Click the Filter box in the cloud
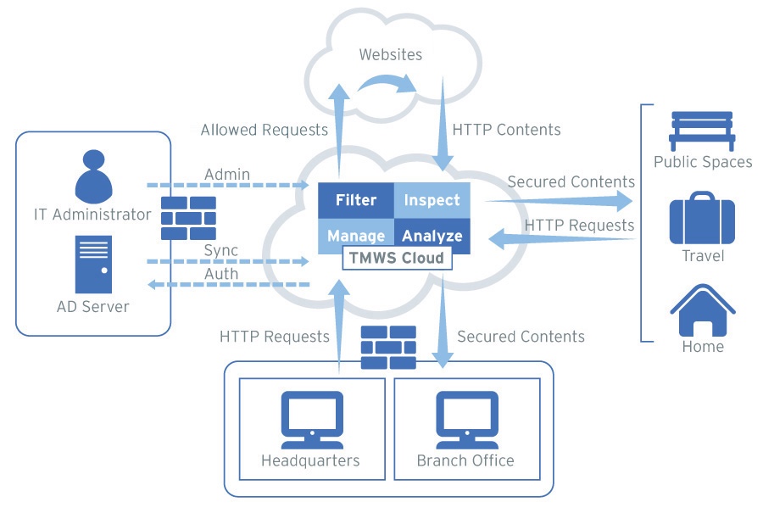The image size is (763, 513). click(356, 201)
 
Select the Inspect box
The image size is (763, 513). click(432, 201)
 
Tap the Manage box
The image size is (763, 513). click(356, 236)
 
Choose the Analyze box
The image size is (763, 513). click(432, 236)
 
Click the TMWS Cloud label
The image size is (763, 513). click(397, 258)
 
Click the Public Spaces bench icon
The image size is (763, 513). click(703, 130)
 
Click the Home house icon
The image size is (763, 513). click(702, 310)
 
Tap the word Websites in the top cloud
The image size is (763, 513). click(390, 56)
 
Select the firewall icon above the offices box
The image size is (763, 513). click(388, 349)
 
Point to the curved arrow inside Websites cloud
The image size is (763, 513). click(387, 81)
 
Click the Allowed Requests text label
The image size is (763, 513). click(264, 130)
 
